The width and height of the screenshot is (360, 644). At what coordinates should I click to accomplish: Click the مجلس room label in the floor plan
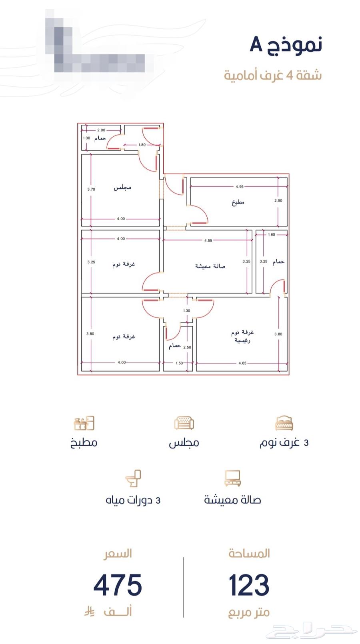[122, 187]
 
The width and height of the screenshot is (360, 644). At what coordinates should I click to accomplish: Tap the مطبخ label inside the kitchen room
[238, 202]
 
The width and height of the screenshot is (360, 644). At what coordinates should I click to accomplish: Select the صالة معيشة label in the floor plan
[210, 266]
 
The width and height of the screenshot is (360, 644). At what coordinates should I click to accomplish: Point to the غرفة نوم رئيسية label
[243, 336]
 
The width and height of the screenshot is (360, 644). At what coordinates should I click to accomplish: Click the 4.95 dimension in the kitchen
[240, 187]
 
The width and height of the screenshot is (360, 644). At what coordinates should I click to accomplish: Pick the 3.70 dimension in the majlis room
[91, 189]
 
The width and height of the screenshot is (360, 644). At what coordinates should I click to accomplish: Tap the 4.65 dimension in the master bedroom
[242, 363]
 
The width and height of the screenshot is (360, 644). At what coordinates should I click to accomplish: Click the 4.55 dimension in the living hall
[208, 241]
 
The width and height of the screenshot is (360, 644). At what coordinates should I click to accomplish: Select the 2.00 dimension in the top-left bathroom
[101, 130]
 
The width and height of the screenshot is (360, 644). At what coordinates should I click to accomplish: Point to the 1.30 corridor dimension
[186, 311]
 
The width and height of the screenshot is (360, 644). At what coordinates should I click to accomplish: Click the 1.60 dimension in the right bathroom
[272, 235]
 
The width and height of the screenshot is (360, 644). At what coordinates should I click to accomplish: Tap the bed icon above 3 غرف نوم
[284, 423]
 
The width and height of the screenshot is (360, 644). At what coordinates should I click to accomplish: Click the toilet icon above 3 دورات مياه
[134, 478]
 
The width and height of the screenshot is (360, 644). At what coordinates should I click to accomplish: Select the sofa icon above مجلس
[184, 423]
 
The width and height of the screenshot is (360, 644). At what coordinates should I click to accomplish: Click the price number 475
[118, 585]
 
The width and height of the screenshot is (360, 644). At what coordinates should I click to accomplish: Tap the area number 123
[249, 585]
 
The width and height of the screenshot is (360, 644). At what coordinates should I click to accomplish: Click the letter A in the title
[256, 44]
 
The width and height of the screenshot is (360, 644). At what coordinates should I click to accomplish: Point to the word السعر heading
[118, 554]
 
